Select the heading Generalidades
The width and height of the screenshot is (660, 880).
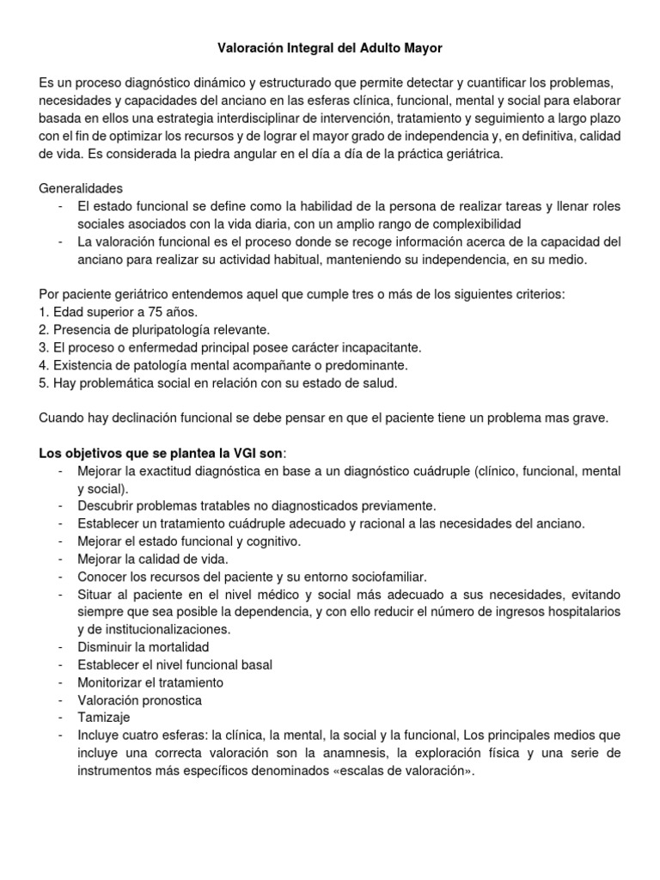tap(81, 188)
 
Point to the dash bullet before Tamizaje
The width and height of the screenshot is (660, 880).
tap(60, 717)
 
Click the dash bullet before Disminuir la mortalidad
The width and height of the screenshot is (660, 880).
tap(60, 646)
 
